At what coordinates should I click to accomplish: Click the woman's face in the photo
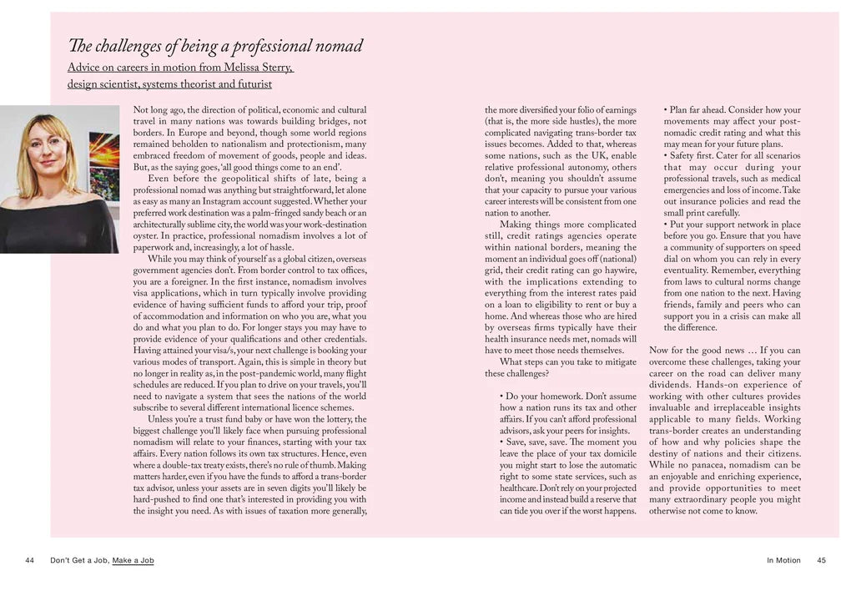tap(48, 151)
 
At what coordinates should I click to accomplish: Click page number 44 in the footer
tap(30, 561)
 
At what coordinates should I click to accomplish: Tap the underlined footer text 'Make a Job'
tap(133, 561)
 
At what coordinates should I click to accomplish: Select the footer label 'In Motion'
tap(783, 561)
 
